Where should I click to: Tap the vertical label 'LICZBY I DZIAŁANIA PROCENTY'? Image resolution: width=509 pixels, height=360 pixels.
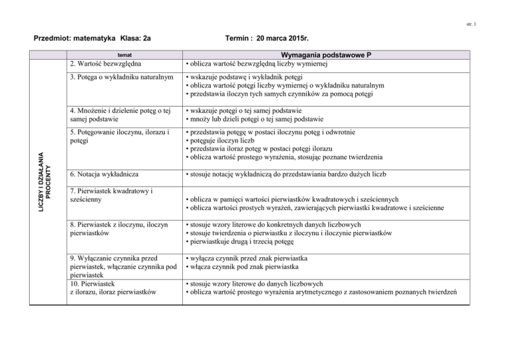pos(42,172)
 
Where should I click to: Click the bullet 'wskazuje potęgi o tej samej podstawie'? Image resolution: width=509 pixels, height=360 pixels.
pos(254,110)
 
